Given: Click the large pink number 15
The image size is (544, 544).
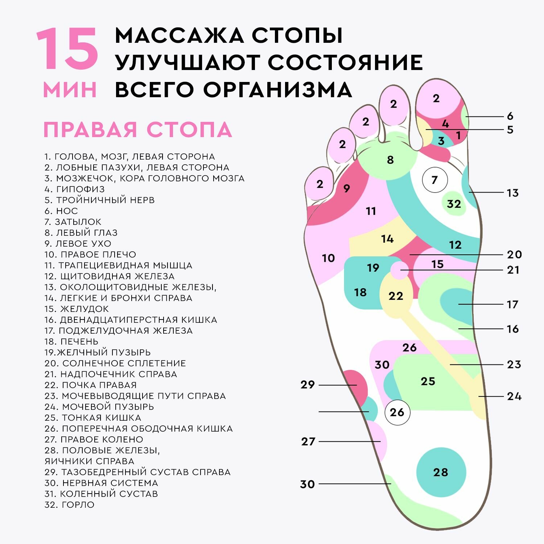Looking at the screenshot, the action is [67, 49].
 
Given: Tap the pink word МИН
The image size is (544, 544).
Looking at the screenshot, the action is [70, 90].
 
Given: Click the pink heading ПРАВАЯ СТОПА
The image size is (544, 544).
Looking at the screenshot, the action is [138, 130].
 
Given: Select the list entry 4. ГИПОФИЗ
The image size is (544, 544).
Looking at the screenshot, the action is [74, 189].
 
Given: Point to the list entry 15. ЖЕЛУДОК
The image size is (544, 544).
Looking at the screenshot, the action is [77, 309].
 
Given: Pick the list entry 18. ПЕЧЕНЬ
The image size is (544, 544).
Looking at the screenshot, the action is [71, 341].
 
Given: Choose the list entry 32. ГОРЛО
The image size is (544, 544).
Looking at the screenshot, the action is [69, 504].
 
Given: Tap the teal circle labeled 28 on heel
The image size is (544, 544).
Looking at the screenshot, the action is [441, 472].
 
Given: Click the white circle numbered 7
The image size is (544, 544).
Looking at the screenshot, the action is [435, 180].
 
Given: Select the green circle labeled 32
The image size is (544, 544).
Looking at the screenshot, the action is [454, 204].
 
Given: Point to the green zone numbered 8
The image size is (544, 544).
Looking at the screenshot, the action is [390, 160].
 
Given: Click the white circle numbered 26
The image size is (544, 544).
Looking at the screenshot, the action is [397, 412].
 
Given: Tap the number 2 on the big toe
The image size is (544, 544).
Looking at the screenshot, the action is [436, 98].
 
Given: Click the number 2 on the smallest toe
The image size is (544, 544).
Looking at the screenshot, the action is [320, 184].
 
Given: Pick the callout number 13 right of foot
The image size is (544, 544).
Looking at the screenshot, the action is [512, 193].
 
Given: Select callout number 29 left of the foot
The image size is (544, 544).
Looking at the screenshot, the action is [308, 385].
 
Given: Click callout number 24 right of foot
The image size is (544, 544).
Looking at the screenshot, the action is [514, 396].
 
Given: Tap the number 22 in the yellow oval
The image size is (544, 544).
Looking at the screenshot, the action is [396, 296].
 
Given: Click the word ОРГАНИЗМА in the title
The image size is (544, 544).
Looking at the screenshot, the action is [277, 90].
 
